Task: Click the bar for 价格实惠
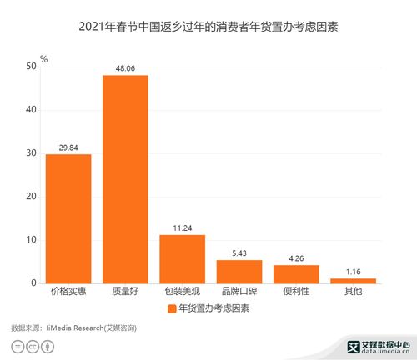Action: pyautogui.click(x=68, y=218)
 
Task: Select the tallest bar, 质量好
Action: pyautogui.click(x=125, y=179)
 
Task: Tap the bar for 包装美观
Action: pyautogui.click(x=182, y=259)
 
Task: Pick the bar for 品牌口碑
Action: pyautogui.click(x=239, y=272)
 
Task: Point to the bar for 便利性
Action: pyautogui.click(x=296, y=274)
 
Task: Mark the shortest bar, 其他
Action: pyautogui.click(x=353, y=281)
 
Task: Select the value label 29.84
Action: pyautogui.click(x=68, y=147)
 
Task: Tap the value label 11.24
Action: pyautogui.click(x=182, y=228)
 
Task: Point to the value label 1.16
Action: pyautogui.click(x=353, y=272)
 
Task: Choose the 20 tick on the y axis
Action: pyautogui.click(x=31, y=197)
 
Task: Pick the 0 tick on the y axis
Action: pyautogui.click(x=33, y=283)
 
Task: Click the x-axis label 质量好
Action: pyautogui.click(x=125, y=292)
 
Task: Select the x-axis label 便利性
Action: pyautogui.click(x=296, y=292)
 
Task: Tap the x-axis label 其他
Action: pyautogui.click(x=353, y=292)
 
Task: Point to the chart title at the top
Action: pyautogui.click(x=208, y=27)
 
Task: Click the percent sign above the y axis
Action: pyautogui.click(x=43, y=59)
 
